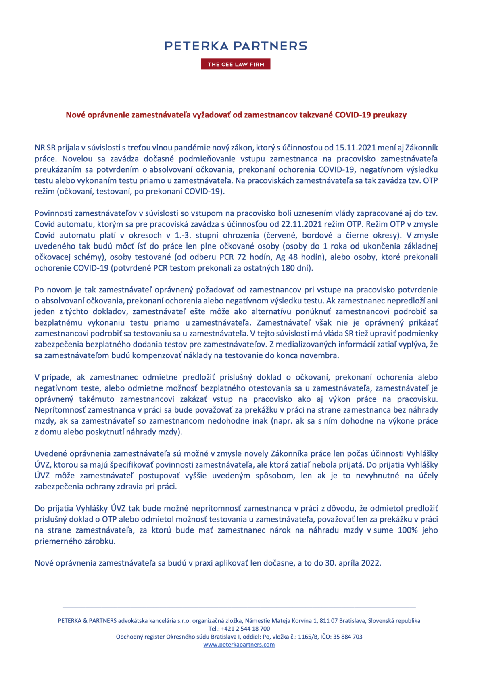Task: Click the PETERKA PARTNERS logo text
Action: tap(236, 46)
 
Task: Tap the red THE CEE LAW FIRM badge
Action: tap(236, 64)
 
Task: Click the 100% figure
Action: tap(408, 530)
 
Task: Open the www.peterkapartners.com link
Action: tap(239, 645)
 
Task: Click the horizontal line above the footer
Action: tap(239, 607)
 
